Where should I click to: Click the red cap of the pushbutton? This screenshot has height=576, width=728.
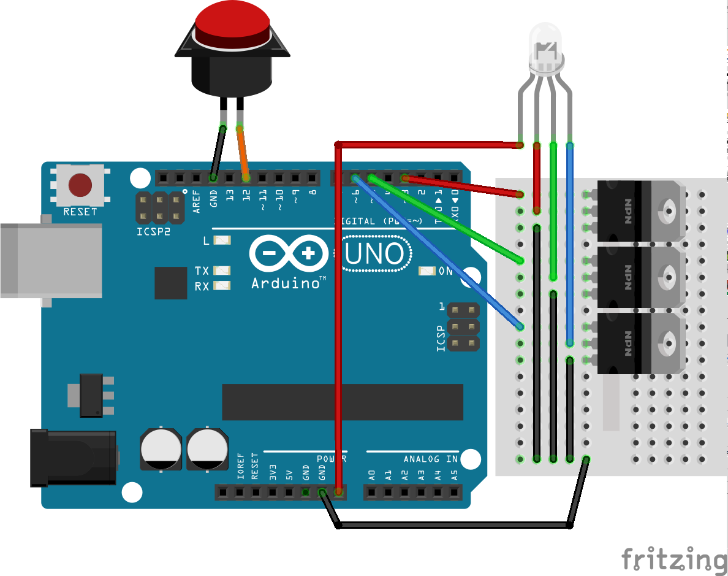coord(233,22)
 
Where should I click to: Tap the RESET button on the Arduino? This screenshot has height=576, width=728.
coord(80,184)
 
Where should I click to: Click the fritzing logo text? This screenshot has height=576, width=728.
coord(673,559)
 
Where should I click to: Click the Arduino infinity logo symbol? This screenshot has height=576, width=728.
coord(287,253)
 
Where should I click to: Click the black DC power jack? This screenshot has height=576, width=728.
coord(74,458)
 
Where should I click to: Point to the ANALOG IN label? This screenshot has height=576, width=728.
coord(430,459)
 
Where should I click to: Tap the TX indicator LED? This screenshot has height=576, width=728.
coord(222,271)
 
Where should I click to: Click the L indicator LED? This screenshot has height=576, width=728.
coord(222,241)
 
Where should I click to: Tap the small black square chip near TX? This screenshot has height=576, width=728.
coord(171,283)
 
